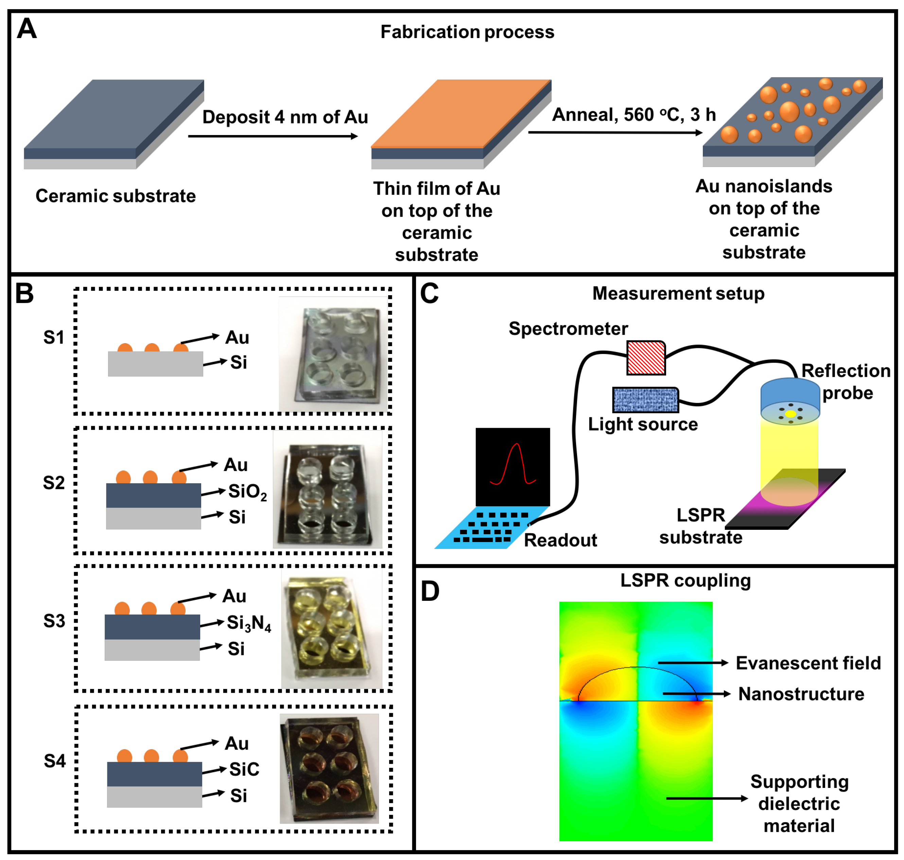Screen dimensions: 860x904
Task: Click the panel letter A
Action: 27,29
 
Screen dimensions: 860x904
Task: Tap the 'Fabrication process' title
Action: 467,32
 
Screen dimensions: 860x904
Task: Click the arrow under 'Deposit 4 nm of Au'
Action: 273,136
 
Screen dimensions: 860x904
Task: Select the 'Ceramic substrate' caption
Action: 116,196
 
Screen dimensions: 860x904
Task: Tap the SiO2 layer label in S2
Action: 247,492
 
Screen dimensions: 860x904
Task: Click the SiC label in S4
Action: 244,769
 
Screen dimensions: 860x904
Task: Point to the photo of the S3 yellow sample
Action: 332,628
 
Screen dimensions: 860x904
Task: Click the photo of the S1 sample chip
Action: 333,354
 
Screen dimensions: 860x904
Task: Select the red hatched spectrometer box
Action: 646,358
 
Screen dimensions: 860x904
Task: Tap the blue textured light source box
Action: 645,400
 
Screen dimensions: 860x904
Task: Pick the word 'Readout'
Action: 560,540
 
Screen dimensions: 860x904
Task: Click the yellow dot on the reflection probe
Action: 790,414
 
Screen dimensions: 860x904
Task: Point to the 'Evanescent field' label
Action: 808,663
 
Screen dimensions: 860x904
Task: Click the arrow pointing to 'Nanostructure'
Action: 696,694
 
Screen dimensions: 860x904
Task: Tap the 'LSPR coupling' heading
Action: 685,580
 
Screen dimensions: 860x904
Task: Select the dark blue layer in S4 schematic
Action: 154,774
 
